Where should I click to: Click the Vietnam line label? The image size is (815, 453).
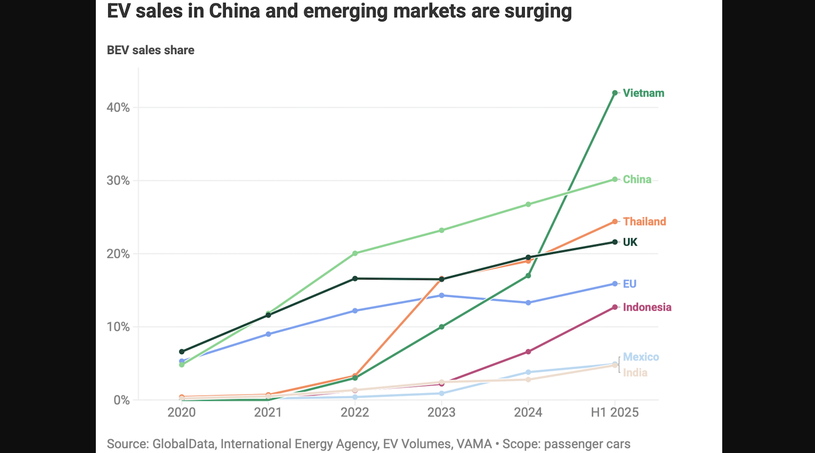point(643,93)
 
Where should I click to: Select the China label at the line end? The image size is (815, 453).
point(637,180)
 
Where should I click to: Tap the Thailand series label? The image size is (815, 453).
point(644,222)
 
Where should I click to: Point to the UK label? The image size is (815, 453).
point(630,242)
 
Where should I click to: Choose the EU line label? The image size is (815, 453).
point(630,284)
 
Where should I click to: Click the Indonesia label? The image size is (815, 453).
point(647,307)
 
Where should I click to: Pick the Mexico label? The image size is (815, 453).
point(641,357)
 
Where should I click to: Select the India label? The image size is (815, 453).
point(635,373)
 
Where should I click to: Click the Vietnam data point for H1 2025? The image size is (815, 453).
point(615,93)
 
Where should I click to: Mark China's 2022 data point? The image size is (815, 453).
point(355,253)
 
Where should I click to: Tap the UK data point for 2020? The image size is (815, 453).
point(182,352)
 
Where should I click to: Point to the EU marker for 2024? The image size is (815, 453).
point(528,303)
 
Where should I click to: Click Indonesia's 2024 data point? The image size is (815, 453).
point(528,352)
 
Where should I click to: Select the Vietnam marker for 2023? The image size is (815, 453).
point(442,327)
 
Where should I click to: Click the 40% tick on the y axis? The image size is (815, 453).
point(118,108)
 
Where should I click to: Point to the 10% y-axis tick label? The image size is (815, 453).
point(118,327)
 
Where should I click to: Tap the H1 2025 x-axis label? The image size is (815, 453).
point(614,412)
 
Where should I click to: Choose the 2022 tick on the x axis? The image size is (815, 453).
point(355,412)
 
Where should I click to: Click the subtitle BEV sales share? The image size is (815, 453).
point(151,50)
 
